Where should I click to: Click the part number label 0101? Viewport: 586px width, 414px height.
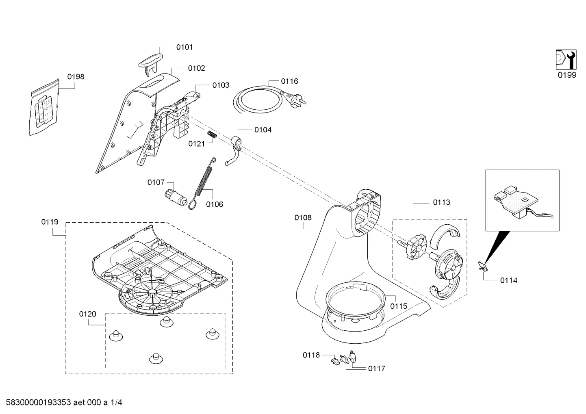pos(184,48)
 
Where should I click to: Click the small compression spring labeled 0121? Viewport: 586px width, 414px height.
pos(212,135)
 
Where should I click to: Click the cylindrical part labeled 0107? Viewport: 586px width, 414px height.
pos(176,198)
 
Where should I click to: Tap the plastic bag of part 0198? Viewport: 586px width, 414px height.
pos(44,107)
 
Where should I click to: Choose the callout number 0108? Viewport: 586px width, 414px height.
pos(303,218)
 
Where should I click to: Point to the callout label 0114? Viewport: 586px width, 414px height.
pos(508,281)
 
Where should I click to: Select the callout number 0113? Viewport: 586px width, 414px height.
pos(442,202)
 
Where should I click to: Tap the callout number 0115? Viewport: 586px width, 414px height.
pos(399,306)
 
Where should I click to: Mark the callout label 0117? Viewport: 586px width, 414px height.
pos(377,369)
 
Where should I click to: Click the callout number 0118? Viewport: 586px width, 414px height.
pos(311,355)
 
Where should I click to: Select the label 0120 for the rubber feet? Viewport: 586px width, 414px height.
pos(88,314)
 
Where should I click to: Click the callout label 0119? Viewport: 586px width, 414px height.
pos(50,222)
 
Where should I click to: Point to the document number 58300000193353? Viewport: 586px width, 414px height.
pos(39,403)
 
